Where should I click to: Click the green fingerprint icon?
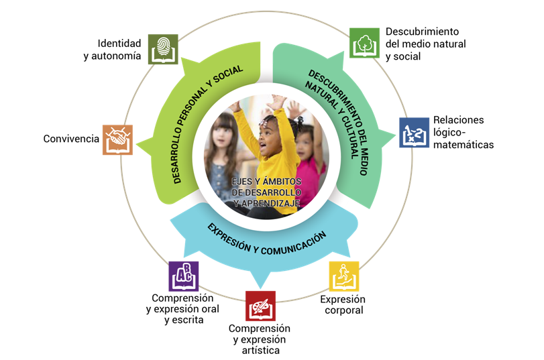pyautogui.click(x=163, y=49)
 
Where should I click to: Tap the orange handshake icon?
pyautogui.click(x=117, y=139)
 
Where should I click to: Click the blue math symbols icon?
pyautogui.click(x=414, y=133)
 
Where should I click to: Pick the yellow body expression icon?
pyautogui.click(x=344, y=276)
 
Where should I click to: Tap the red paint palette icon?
pyautogui.click(x=260, y=306)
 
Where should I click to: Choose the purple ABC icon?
pyautogui.click(x=183, y=276)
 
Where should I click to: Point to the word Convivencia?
pyautogui.click(x=71, y=139)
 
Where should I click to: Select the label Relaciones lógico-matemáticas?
pyautogui.click(x=463, y=132)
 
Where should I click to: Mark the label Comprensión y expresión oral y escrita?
pyautogui.click(x=182, y=309)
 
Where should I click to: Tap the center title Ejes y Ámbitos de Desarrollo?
pyautogui.click(x=266, y=192)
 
